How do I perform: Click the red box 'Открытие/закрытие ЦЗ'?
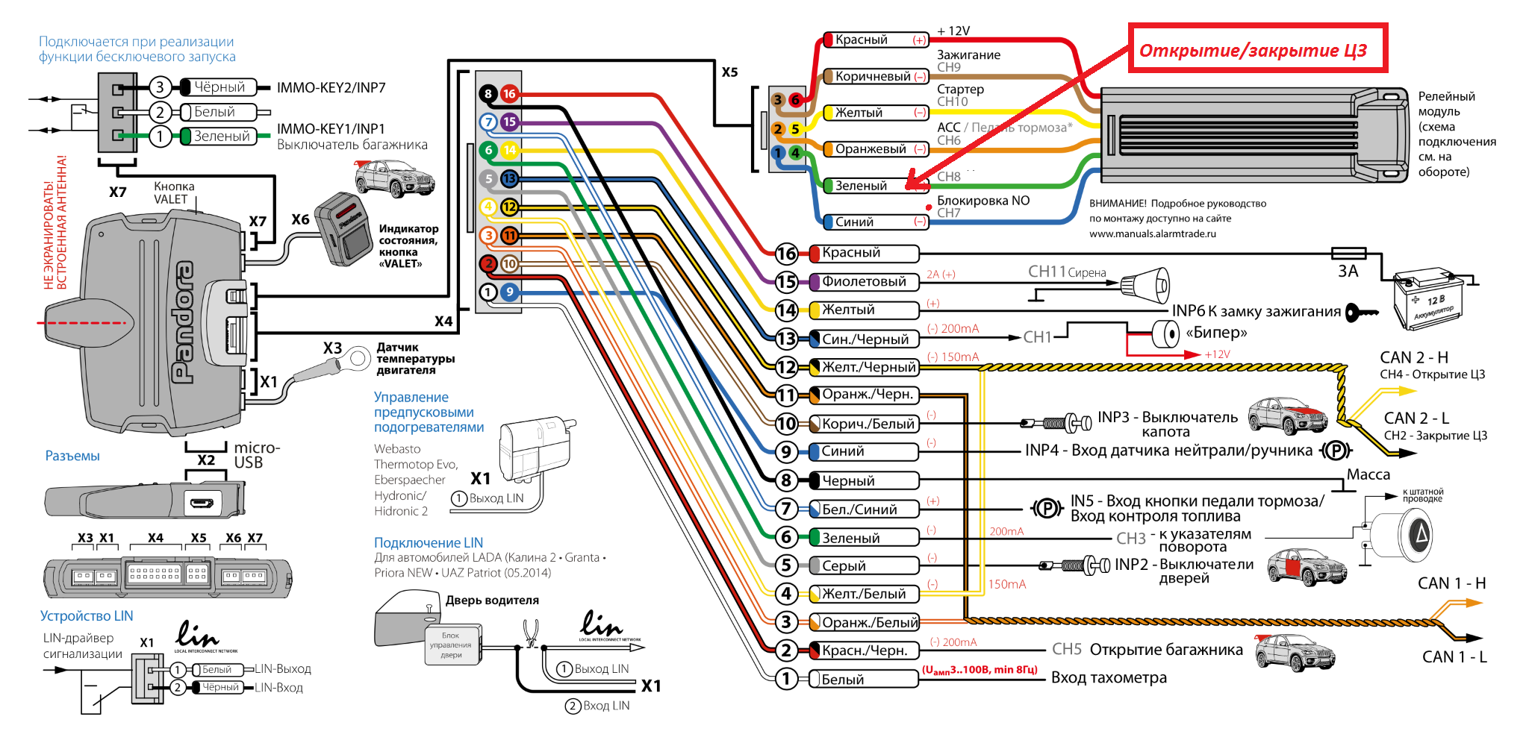[x=1257, y=48]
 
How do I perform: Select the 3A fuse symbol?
[x=1348, y=254]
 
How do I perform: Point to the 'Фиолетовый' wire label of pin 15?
[x=864, y=282]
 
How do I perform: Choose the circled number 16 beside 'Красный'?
[x=786, y=254]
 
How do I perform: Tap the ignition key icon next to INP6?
[x=1361, y=313]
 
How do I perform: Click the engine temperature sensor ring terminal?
[x=358, y=359]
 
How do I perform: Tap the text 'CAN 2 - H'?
[x=1414, y=357]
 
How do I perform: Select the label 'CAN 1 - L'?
[x=1454, y=657]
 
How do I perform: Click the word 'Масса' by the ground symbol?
[x=1368, y=474]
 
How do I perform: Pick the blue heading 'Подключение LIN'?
[x=428, y=543]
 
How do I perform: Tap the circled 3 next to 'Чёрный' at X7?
[x=160, y=87]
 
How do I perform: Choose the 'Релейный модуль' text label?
[x=1446, y=104]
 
